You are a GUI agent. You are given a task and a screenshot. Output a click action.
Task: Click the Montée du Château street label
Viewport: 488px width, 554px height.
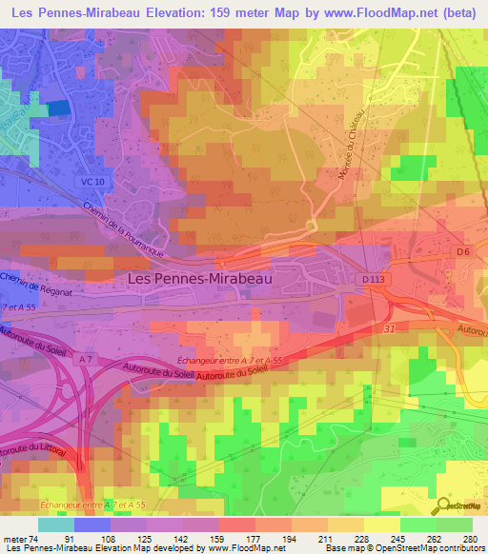(349, 146)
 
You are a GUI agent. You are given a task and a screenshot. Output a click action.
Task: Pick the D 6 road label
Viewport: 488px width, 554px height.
(463, 251)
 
